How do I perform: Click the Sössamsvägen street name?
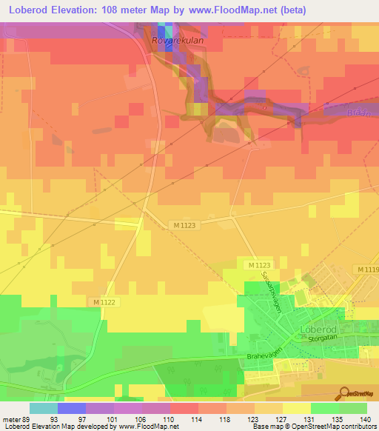pyautogui.click(x=271, y=293)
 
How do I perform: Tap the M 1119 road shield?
pyautogui.click(x=367, y=270)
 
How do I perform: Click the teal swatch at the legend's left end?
pyautogui.click(x=43, y=408)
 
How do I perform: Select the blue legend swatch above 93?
pyautogui.click(x=71, y=408)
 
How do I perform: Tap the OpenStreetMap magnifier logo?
pyautogui.click(x=343, y=392)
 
